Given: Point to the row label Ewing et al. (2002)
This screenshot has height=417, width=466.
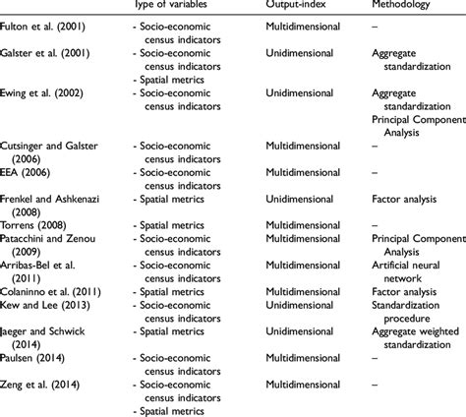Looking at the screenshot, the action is point(48,93).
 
